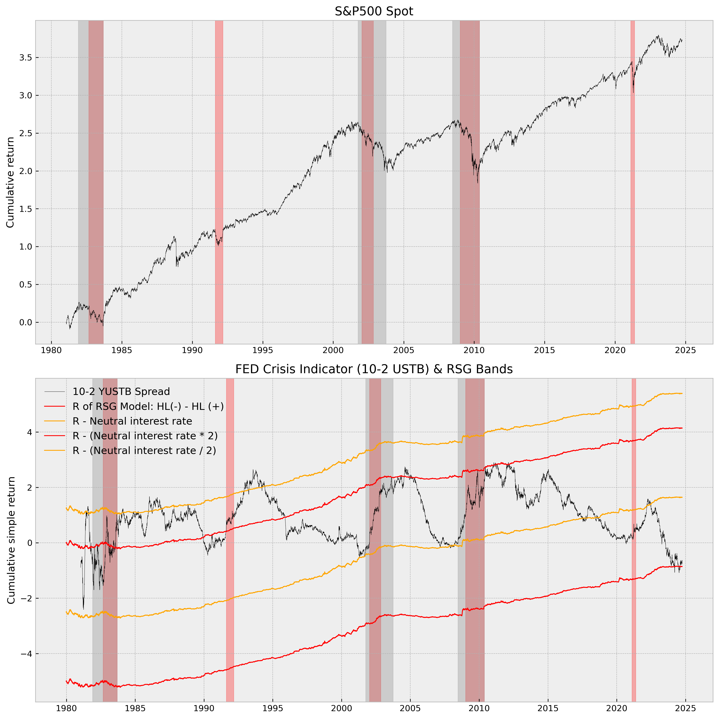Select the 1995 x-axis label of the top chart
tap(263, 350)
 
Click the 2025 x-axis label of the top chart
tap(686, 350)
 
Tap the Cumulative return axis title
tap(10, 182)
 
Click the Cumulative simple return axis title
tap(11, 540)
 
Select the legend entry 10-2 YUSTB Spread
tap(121, 392)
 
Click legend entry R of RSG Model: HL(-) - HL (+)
tap(148, 406)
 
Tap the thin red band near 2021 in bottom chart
tap(634, 558)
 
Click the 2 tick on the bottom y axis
tap(27, 488)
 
